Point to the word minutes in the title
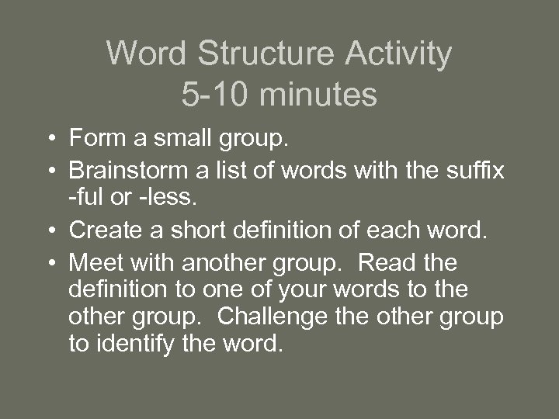[320, 95]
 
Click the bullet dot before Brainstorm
[50, 168]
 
